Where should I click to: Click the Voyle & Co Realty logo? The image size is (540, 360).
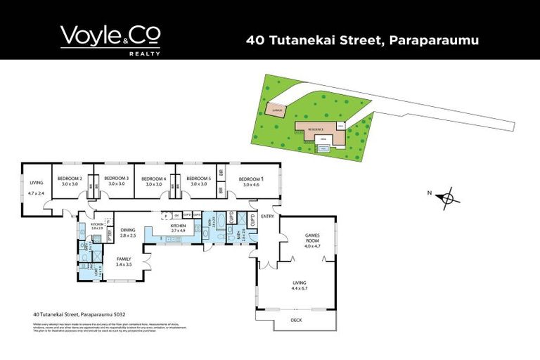click(x=110, y=39)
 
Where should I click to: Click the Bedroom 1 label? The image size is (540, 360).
click(x=251, y=180)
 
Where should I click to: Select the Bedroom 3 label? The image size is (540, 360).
click(x=116, y=179)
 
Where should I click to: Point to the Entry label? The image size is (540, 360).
click(x=268, y=217)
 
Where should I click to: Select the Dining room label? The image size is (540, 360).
click(x=127, y=230)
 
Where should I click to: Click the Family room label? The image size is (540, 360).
click(x=124, y=259)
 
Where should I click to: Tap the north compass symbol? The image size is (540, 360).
click(x=446, y=198)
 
